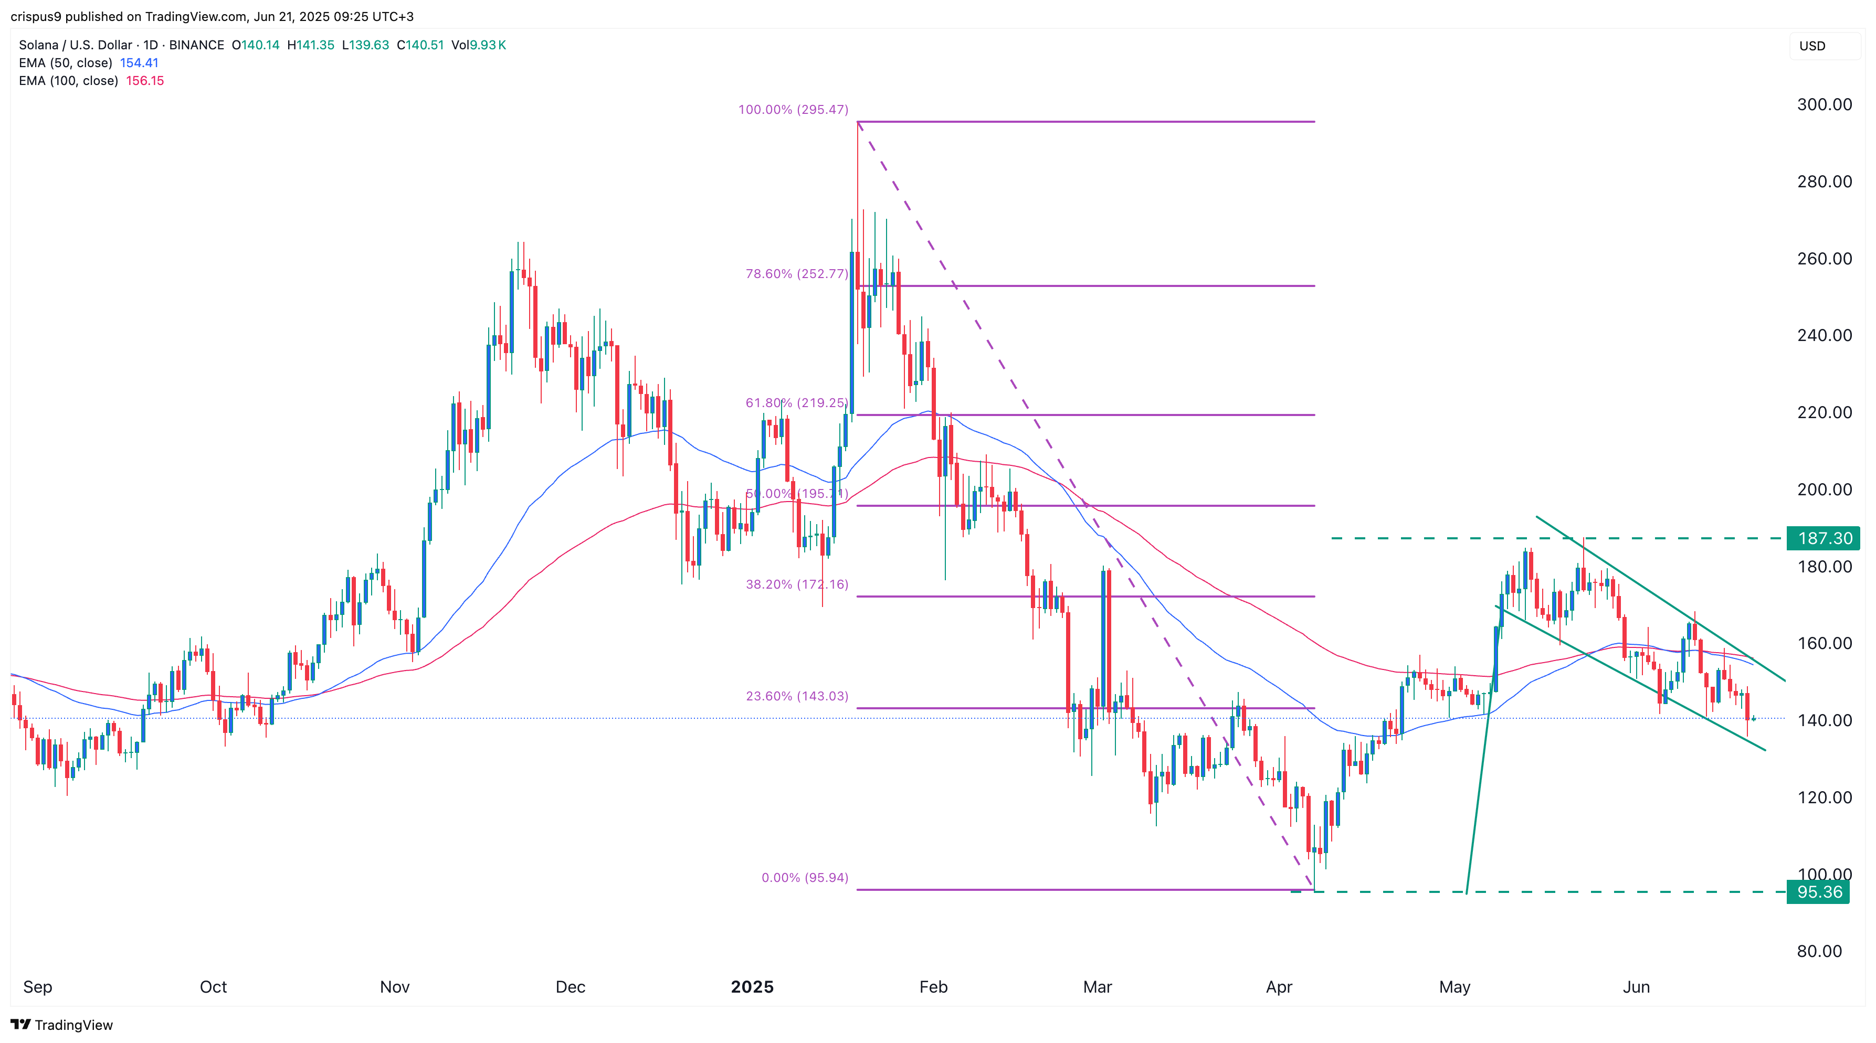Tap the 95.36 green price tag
tap(1818, 891)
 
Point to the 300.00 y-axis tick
tap(1824, 104)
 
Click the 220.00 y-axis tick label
tap(1824, 412)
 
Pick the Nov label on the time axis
tap(395, 987)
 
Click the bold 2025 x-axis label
tap(752, 987)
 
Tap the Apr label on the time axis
tap(1279, 987)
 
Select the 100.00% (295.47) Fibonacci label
tap(793, 110)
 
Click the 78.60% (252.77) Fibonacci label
tap(797, 274)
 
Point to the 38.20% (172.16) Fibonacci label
tap(797, 584)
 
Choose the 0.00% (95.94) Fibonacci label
tap(805, 878)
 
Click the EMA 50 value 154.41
tap(139, 62)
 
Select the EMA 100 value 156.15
tap(145, 81)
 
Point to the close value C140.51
tap(420, 45)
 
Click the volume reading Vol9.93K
tap(479, 45)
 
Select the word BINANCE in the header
tap(197, 45)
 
